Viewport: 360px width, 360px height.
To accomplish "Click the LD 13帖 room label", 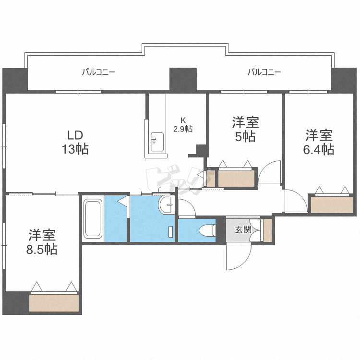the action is tap(75, 143).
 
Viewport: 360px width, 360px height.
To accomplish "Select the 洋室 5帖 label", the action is tap(245, 130).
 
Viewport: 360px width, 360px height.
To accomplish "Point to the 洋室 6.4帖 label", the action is tap(319, 142).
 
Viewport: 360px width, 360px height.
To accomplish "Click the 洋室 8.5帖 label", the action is tap(42, 242).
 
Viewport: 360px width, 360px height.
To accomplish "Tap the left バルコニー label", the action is tap(99, 72).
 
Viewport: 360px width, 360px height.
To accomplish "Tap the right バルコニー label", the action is tap(264, 72).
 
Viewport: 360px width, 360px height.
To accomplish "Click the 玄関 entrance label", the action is tap(243, 229).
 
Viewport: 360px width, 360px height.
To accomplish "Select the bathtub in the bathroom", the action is tap(93, 218).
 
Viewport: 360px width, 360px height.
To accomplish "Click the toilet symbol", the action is tap(207, 230).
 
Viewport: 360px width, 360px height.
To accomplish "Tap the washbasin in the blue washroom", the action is tap(165, 205).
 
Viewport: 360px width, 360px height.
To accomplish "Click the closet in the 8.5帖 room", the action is tap(54, 303).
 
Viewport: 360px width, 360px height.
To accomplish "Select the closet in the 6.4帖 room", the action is tap(332, 205).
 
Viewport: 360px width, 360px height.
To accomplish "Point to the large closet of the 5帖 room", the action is tap(236, 179).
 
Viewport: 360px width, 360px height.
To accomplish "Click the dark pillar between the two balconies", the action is tap(183, 79).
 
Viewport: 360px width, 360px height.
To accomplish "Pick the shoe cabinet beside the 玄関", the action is tap(267, 230).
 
